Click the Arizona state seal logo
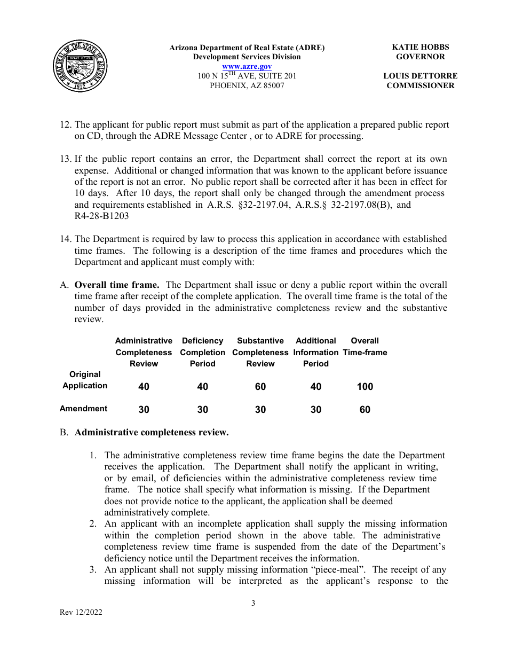click(x=81, y=67)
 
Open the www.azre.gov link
click(x=247, y=66)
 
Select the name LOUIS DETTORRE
click(x=420, y=76)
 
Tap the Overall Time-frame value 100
click(x=365, y=387)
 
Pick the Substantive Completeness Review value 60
click(x=260, y=387)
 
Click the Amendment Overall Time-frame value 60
click(x=365, y=410)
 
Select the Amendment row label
click(x=84, y=409)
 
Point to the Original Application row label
click(x=85, y=380)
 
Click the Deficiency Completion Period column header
click(x=203, y=352)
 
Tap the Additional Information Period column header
click(x=316, y=352)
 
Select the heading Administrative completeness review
click(x=152, y=433)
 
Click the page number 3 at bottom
click(x=253, y=604)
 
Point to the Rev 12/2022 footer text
click(x=81, y=613)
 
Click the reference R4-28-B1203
click(x=102, y=216)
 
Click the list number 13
click(x=65, y=159)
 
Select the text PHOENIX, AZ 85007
click(x=247, y=85)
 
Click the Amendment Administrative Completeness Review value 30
click(x=144, y=410)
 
